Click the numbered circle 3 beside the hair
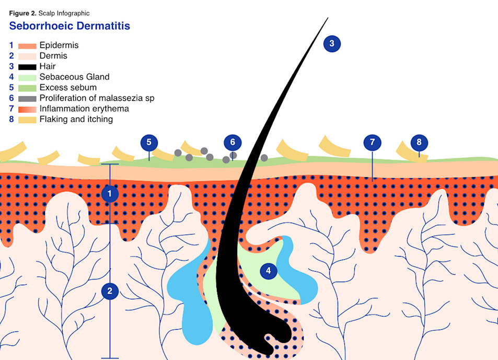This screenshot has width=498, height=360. pyautogui.click(x=331, y=43)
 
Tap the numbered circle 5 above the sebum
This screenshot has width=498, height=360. pyautogui.click(x=149, y=142)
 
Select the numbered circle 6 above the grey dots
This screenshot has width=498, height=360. pyautogui.click(x=233, y=142)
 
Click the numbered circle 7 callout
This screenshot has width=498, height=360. pyautogui.click(x=372, y=142)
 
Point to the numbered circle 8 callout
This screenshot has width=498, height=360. pyautogui.click(x=419, y=142)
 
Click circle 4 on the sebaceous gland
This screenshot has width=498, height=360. pyautogui.click(x=268, y=271)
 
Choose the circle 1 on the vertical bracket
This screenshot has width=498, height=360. pyautogui.click(x=110, y=194)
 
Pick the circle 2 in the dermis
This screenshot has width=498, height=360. pyautogui.click(x=110, y=291)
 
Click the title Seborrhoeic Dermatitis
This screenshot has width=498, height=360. pyautogui.click(x=70, y=26)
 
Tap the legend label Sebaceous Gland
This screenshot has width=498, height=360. pyautogui.click(x=74, y=77)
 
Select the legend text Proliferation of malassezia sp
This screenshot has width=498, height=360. pyautogui.click(x=97, y=98)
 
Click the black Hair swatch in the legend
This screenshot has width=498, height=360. pyautogui.click(x=27, y=67)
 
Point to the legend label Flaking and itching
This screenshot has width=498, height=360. pyautogui.click(x=76, y=120)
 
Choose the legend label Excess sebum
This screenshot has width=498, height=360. pyautogui.click(x=68, y=87)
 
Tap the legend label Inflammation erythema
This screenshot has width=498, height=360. pyautogui.click(x=84, y=109)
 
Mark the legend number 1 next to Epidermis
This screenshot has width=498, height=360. pyautogui.click(x=11, y=45)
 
